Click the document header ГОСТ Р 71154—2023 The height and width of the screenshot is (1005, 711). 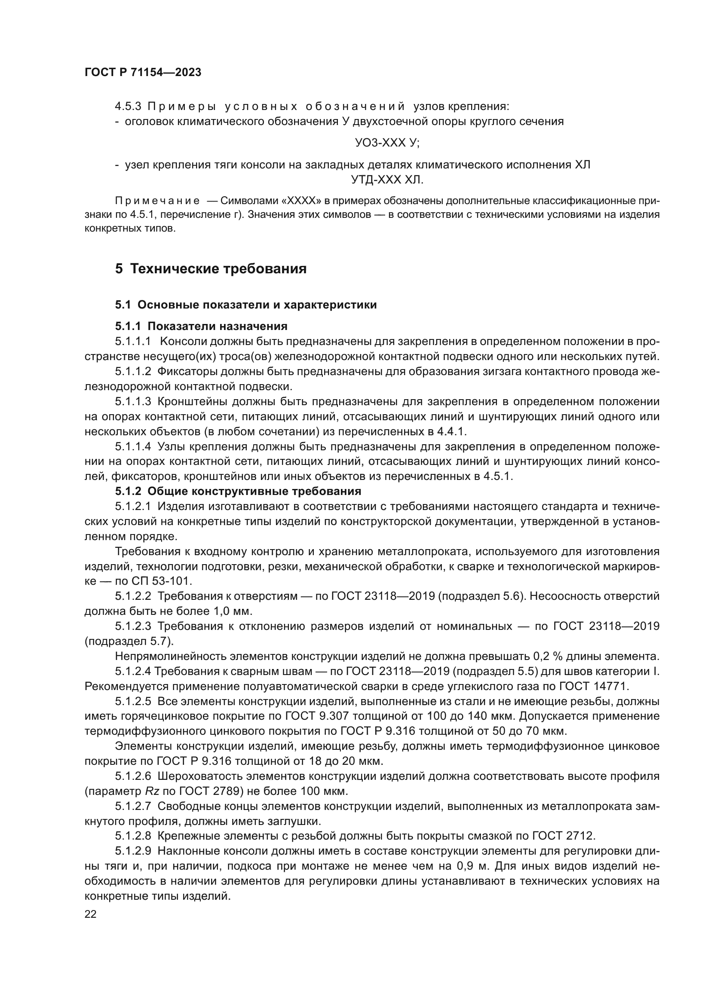(143, 73)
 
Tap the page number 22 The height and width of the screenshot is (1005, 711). (91, 914)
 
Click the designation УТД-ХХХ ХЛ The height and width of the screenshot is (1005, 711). (387, 180)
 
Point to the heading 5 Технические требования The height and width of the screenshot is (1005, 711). (211, 269)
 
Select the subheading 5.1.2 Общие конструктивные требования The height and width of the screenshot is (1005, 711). (238, 491)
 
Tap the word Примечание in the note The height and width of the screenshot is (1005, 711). (157, 201)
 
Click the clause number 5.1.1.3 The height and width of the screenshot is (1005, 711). (133, 401)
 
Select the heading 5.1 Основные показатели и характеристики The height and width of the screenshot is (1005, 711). (245, 305)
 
